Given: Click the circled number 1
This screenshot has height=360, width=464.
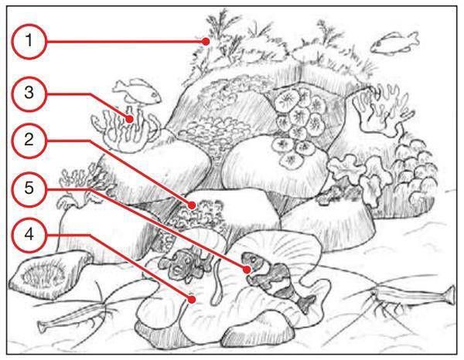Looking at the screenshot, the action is tap(29, 42).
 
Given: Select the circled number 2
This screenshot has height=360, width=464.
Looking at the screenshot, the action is tap(29, 140).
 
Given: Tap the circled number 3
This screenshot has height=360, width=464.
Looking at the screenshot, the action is tap(29, 93).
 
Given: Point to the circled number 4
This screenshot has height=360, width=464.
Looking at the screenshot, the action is tap(29, 235).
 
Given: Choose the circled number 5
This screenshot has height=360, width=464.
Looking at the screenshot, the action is tap(29, 188).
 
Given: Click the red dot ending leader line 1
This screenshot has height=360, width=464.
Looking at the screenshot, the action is tap(206, 42).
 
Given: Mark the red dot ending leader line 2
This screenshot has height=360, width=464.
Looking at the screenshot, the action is tap(192, 205).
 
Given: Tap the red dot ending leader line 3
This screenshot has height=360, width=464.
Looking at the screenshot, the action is tap(129, 119).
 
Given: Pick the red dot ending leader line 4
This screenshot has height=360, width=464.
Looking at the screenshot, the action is tap(192, 300).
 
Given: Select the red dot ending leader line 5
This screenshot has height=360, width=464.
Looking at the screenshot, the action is tap(247, 270).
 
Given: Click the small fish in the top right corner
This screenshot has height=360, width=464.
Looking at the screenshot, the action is tap(395, 43).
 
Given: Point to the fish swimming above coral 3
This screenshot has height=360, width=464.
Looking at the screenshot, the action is tap(137, 90).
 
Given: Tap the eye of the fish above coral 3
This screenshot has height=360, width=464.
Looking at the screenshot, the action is tap(154, 94).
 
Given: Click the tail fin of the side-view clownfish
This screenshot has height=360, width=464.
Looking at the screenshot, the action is tap(306, 303).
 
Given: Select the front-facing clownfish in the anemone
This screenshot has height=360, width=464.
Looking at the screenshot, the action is tap(183, 265).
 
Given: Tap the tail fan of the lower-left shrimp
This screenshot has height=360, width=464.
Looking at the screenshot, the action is tap(43, 327).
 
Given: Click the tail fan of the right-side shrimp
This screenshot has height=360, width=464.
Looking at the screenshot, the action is tap(450, 294).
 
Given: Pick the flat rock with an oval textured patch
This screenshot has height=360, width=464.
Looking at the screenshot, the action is tap(50, 274).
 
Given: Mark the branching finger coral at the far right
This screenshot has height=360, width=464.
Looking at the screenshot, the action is tap(382, 110).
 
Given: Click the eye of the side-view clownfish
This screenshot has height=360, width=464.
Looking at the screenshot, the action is tap(253, 259).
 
